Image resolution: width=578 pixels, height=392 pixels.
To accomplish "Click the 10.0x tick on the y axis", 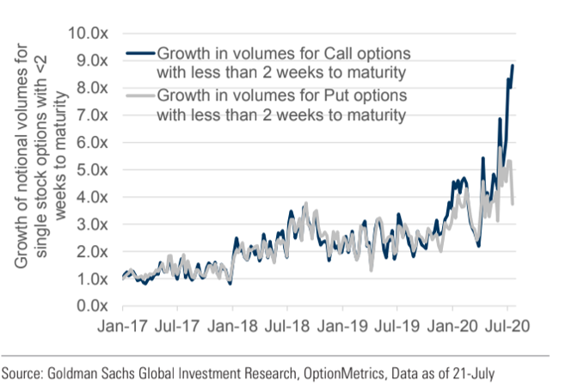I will (86, 33).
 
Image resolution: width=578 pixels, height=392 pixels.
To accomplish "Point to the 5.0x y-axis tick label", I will (90, 169).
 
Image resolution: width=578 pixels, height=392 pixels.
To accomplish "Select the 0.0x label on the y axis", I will (90, 305).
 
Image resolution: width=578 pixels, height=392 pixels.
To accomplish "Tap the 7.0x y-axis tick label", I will (90, 114).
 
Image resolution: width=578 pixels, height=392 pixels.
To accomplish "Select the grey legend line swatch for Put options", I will (135, 96).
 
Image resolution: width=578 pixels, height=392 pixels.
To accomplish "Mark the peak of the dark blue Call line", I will (513, 65).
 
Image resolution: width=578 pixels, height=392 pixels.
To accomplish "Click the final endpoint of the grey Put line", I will (514, 204).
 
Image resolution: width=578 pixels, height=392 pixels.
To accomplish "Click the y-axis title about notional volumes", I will (34, 171).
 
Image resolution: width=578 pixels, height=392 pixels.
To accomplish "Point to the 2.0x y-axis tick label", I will (90, 251).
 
